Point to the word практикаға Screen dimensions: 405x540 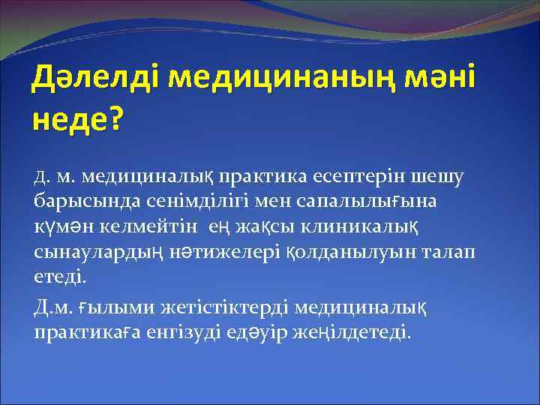[81, 332]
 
